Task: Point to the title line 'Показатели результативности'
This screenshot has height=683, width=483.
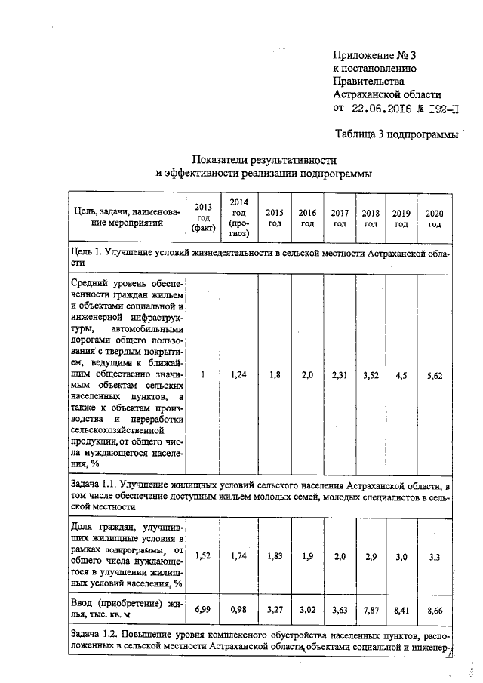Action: (263, 160)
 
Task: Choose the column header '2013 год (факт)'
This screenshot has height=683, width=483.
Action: (203, 217)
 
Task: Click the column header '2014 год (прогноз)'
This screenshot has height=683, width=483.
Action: (238, 217)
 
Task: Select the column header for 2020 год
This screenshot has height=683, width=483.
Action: (434, 217)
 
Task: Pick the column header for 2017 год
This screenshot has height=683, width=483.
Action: (340, 217)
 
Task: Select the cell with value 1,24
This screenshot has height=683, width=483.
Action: (238, 372)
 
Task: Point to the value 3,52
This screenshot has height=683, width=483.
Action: (371, 372)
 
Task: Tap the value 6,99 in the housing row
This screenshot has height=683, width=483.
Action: (203, 608)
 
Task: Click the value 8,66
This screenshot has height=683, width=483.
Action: (434, 608)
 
